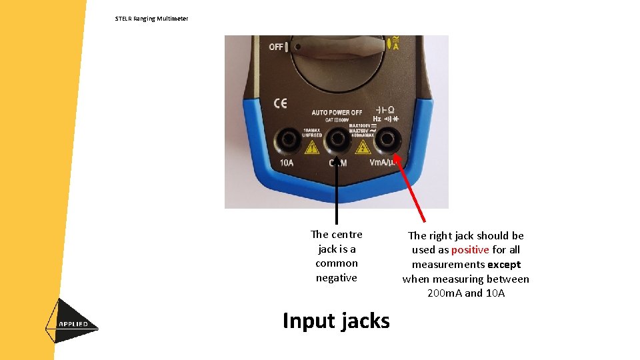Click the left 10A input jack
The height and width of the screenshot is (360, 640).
(289, 139)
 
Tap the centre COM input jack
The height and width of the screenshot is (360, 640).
(337, 139)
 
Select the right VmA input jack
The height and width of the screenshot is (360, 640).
(386, 140)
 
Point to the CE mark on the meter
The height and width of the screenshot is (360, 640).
(281, 103)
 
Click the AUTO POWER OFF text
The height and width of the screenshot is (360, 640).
(337, 112)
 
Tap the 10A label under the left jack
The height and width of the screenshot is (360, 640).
(287, 163)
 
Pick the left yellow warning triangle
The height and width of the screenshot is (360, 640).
(311, 147)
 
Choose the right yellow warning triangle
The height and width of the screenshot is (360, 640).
(361, 147)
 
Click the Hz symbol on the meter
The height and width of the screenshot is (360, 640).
(377, 119)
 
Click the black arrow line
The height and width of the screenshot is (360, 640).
(337, 193)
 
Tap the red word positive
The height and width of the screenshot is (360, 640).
(470, 250)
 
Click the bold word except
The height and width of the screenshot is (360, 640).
(504, 265)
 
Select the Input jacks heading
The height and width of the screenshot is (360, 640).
(336, 321)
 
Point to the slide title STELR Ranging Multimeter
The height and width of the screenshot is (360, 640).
(151, 19)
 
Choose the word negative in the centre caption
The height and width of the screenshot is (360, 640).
(337, 278)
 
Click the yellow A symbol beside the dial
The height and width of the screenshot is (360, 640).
(395, 45)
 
